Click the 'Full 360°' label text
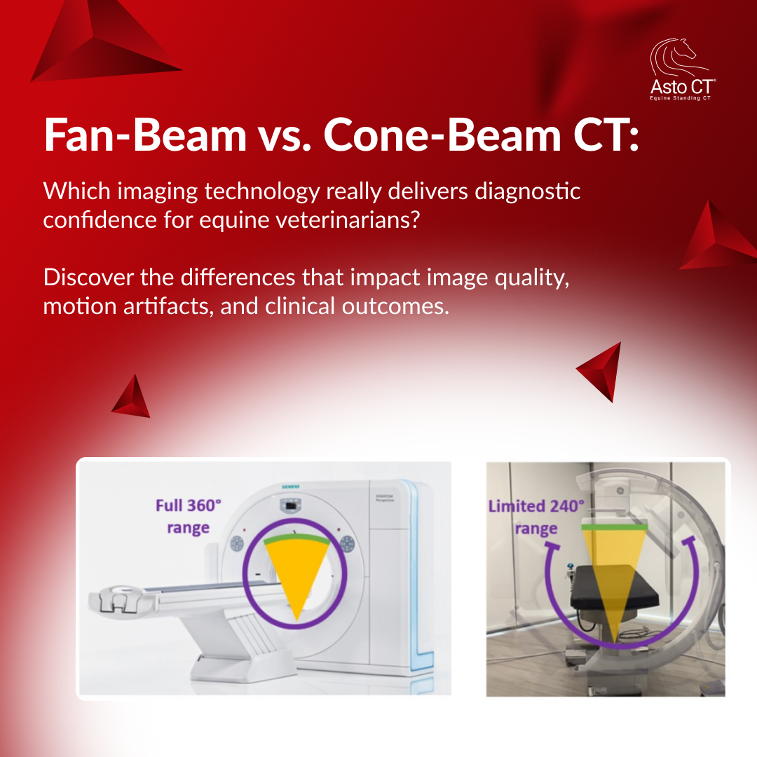(x=188, y=505)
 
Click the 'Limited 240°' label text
(x=536, y=506)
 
